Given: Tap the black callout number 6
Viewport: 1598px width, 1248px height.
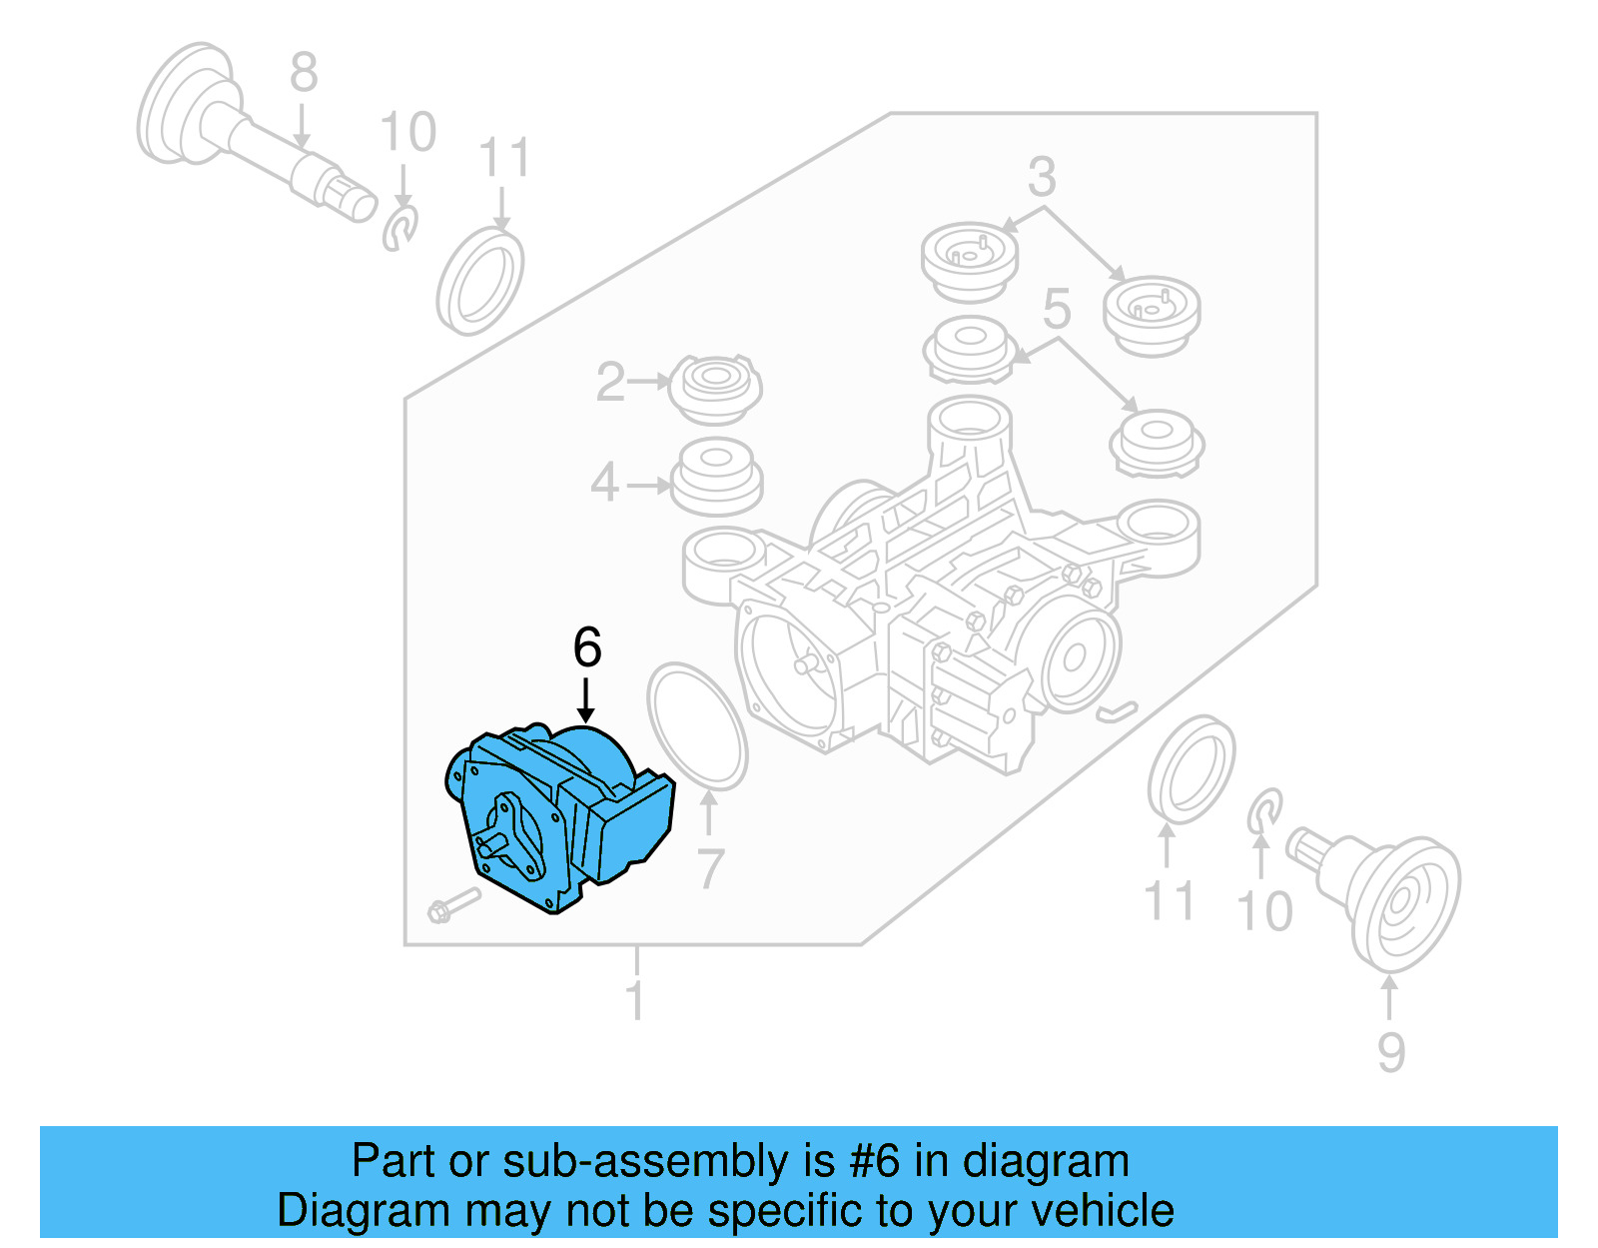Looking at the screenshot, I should click(x=587, y=647).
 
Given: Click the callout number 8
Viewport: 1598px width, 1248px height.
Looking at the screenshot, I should click(x=304, y=73).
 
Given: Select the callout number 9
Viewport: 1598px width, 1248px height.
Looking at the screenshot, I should click(x=1390, y=1052).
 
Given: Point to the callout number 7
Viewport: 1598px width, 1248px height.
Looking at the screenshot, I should click(x=709, y=868).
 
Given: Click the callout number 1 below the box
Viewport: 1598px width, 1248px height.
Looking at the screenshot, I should click(x=635, y=1000).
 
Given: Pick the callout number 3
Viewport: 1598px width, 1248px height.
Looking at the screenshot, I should click(x=1042, y=177).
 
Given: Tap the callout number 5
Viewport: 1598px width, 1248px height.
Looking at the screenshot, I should click(x=1056, y=309).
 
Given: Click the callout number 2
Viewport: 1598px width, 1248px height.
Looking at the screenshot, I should click(x=610, y=383).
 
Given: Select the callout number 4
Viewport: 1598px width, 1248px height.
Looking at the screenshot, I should click(x=604, y=485).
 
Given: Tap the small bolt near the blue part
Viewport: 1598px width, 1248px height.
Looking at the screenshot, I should click(x=452, y=904).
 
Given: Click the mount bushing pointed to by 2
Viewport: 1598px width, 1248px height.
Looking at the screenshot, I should click(x=714, y=388).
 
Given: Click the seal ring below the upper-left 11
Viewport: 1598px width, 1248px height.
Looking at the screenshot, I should click(x=480, y=282).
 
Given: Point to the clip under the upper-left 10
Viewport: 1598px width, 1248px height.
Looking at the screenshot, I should click(x=399, y=229).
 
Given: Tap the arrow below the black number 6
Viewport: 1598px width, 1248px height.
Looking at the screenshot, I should click(x=586, y=699).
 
